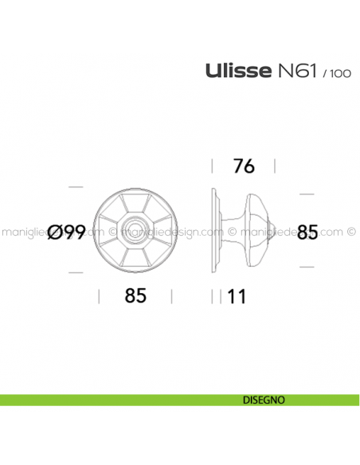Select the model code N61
tap(296, 72)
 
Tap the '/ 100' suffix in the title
tap(335, 74)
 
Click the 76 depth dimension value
tap(243, 166)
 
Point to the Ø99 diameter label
tap(66, 232)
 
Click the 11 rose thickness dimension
tap(237, 297)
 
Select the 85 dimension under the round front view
tap(135, 296)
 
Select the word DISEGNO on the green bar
tap(262, 399)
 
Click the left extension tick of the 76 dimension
tap(213, 166)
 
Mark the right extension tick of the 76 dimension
tap(275, 166)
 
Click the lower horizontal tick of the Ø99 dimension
tap(76, 272)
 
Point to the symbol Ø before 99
tap(54, 232)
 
